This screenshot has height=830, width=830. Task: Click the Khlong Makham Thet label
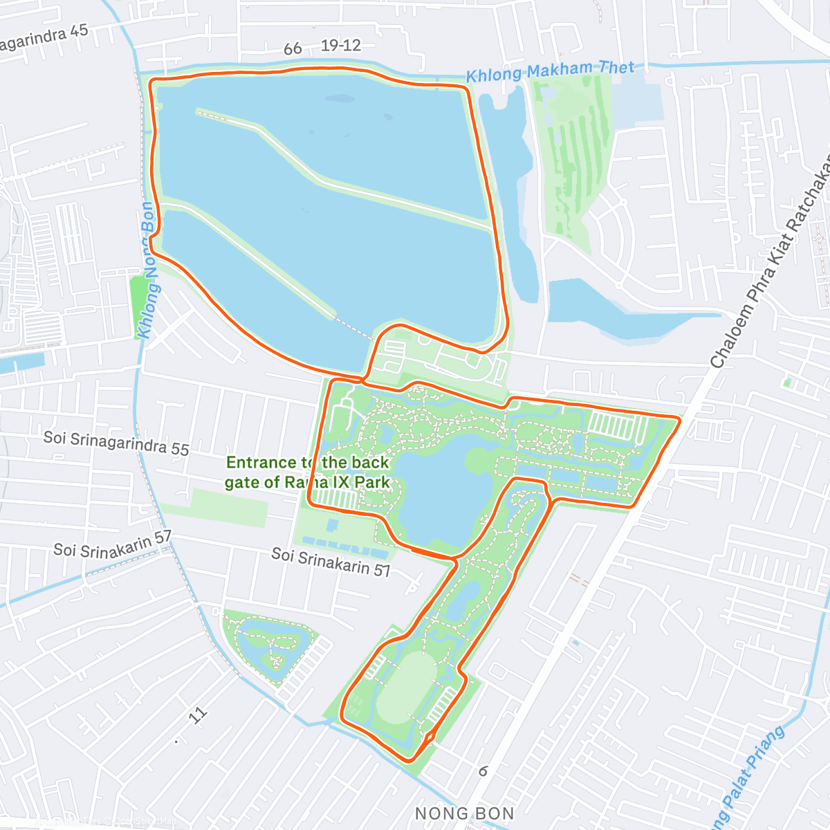(x=550, y=71)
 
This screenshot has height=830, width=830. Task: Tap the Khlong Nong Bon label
(x=147, y=270)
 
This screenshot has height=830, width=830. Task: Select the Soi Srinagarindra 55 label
(x=116, y=443)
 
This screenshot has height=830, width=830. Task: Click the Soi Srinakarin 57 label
(x=112, y=545)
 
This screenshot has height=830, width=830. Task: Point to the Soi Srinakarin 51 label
(x=331, y=562)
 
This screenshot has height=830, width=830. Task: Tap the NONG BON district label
(x=464, y=813)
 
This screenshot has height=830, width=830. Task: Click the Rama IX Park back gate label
(x=308, y=472)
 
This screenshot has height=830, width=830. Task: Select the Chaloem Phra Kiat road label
(x=768, y=263)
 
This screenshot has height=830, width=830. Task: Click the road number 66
(x=293, y=48)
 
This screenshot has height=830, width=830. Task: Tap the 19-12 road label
(x=341, y=46)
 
